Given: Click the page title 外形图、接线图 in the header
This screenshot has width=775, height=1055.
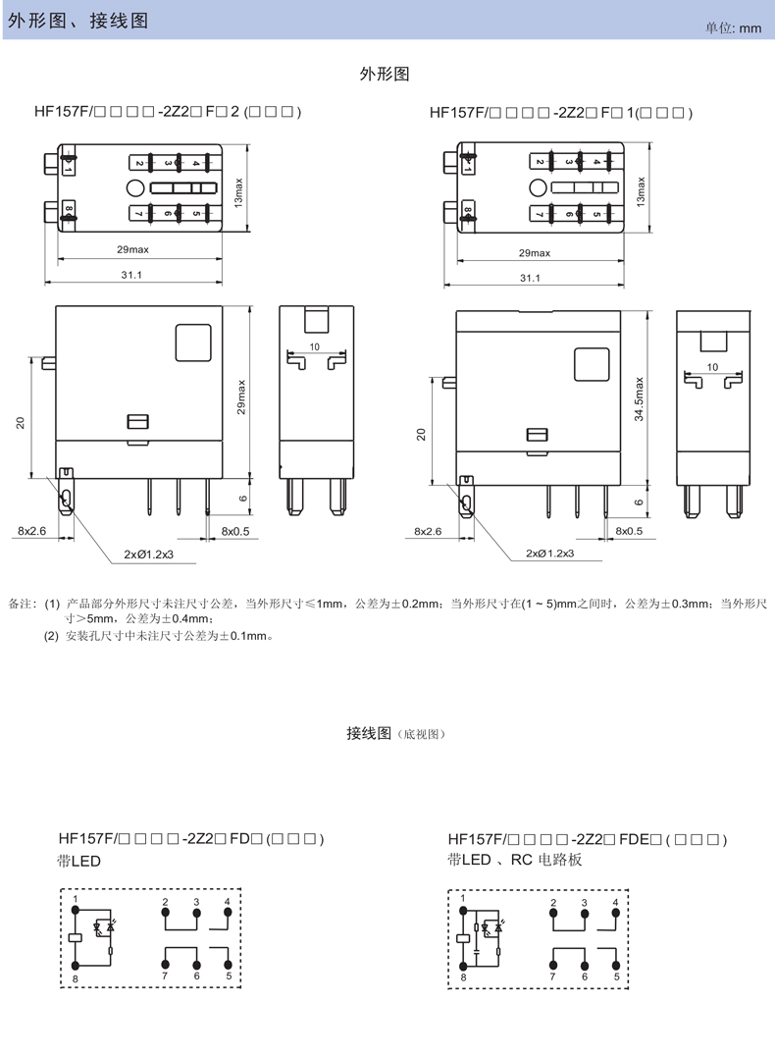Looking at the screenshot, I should (x=78, y=20).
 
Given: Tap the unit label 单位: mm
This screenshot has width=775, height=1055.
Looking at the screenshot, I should (x=733, y=28).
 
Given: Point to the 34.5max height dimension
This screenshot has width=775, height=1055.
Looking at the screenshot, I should (x=639, y=399).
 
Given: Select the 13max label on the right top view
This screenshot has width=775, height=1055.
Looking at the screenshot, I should (x=642, y=189).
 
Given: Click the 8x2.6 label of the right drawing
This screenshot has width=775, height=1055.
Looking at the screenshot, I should (x=429, y=531).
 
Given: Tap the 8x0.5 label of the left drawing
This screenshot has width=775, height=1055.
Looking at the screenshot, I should (x=235, y=530).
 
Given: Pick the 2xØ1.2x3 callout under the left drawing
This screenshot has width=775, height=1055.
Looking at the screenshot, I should (x=148, y=554).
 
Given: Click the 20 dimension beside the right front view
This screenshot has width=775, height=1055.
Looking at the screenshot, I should (x=421, y=432).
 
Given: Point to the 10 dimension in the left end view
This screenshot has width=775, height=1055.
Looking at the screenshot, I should (x=315, y=347).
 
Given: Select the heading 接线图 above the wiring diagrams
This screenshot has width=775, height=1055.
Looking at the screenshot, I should (x=369, y=733).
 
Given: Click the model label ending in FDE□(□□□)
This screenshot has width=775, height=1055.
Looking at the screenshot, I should (x=586, y=839).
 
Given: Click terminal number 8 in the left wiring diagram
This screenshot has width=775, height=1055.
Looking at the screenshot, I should (x=75, y=979).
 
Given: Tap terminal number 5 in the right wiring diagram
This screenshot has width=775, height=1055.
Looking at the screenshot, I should (x=617, y=976).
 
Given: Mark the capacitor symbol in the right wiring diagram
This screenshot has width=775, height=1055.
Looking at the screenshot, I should (x=477, y=950).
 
